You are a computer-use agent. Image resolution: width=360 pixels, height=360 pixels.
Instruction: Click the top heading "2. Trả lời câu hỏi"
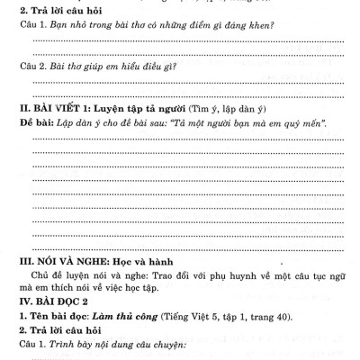pos(55,11)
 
